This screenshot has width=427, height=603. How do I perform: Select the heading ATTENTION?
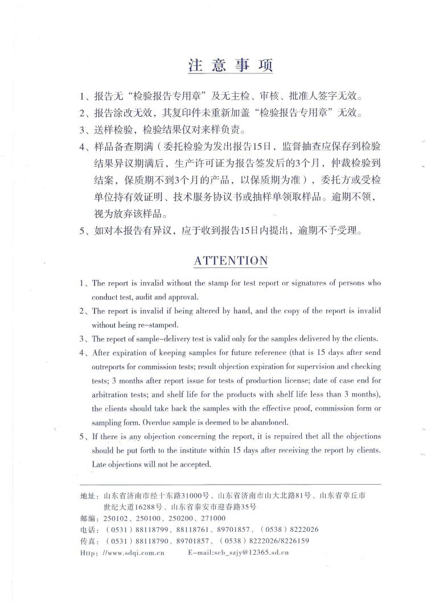click(231, 261)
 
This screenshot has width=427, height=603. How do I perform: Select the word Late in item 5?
click(100, 464)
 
